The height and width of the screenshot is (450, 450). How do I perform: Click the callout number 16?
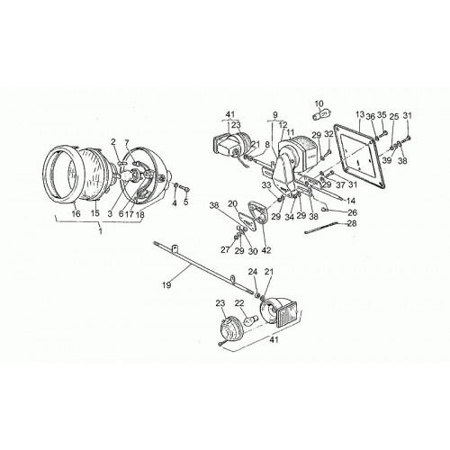pyautogui.click(x=76, y=213)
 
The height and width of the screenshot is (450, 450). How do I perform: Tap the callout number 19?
pyautogui.click(x=166, y=284)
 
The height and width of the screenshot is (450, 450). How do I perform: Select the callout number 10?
pyautogui.click(x=319, y=104)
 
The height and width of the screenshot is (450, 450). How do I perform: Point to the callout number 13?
pyautogui.click(x=360, y=114)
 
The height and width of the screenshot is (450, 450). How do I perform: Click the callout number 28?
pyautogui.click(x=352, y=223)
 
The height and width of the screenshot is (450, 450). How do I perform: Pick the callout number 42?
pyautogui.click(x=266, y=250)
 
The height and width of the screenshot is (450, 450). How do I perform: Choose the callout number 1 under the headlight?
pyautogui.click(x=101, y=231)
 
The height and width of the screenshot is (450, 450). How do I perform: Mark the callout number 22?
pyautogui.click(x=239, y=303)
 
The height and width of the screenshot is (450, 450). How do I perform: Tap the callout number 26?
pyautogui.click(x=352, y=212)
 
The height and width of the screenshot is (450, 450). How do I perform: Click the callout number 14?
pyautogui.click(x=350, y=201)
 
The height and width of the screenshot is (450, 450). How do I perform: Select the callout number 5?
pyautogui.click(x=186, y=202)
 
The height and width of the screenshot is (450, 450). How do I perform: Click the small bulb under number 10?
pyautogui.click(x=320, y=116)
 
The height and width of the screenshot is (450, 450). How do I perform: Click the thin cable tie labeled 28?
pyautogui.click(x=320, y=227)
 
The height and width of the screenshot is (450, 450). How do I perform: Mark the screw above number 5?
pyautogui.click(x=184, y=189)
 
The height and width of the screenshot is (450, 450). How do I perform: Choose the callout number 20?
pyautogui.click(x=232, y=204)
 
